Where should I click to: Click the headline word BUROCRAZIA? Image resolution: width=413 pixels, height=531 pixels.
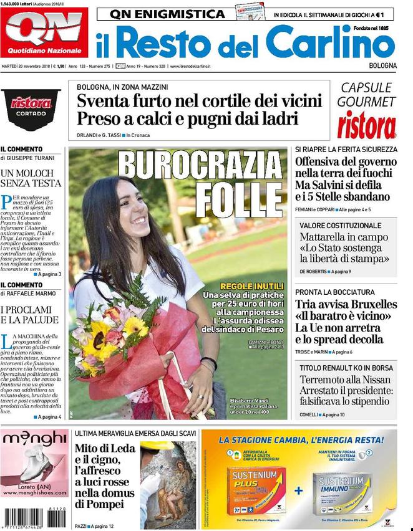click(x=200, y=168)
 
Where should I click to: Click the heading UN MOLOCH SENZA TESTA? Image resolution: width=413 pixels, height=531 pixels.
click(x=31, y=178)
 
